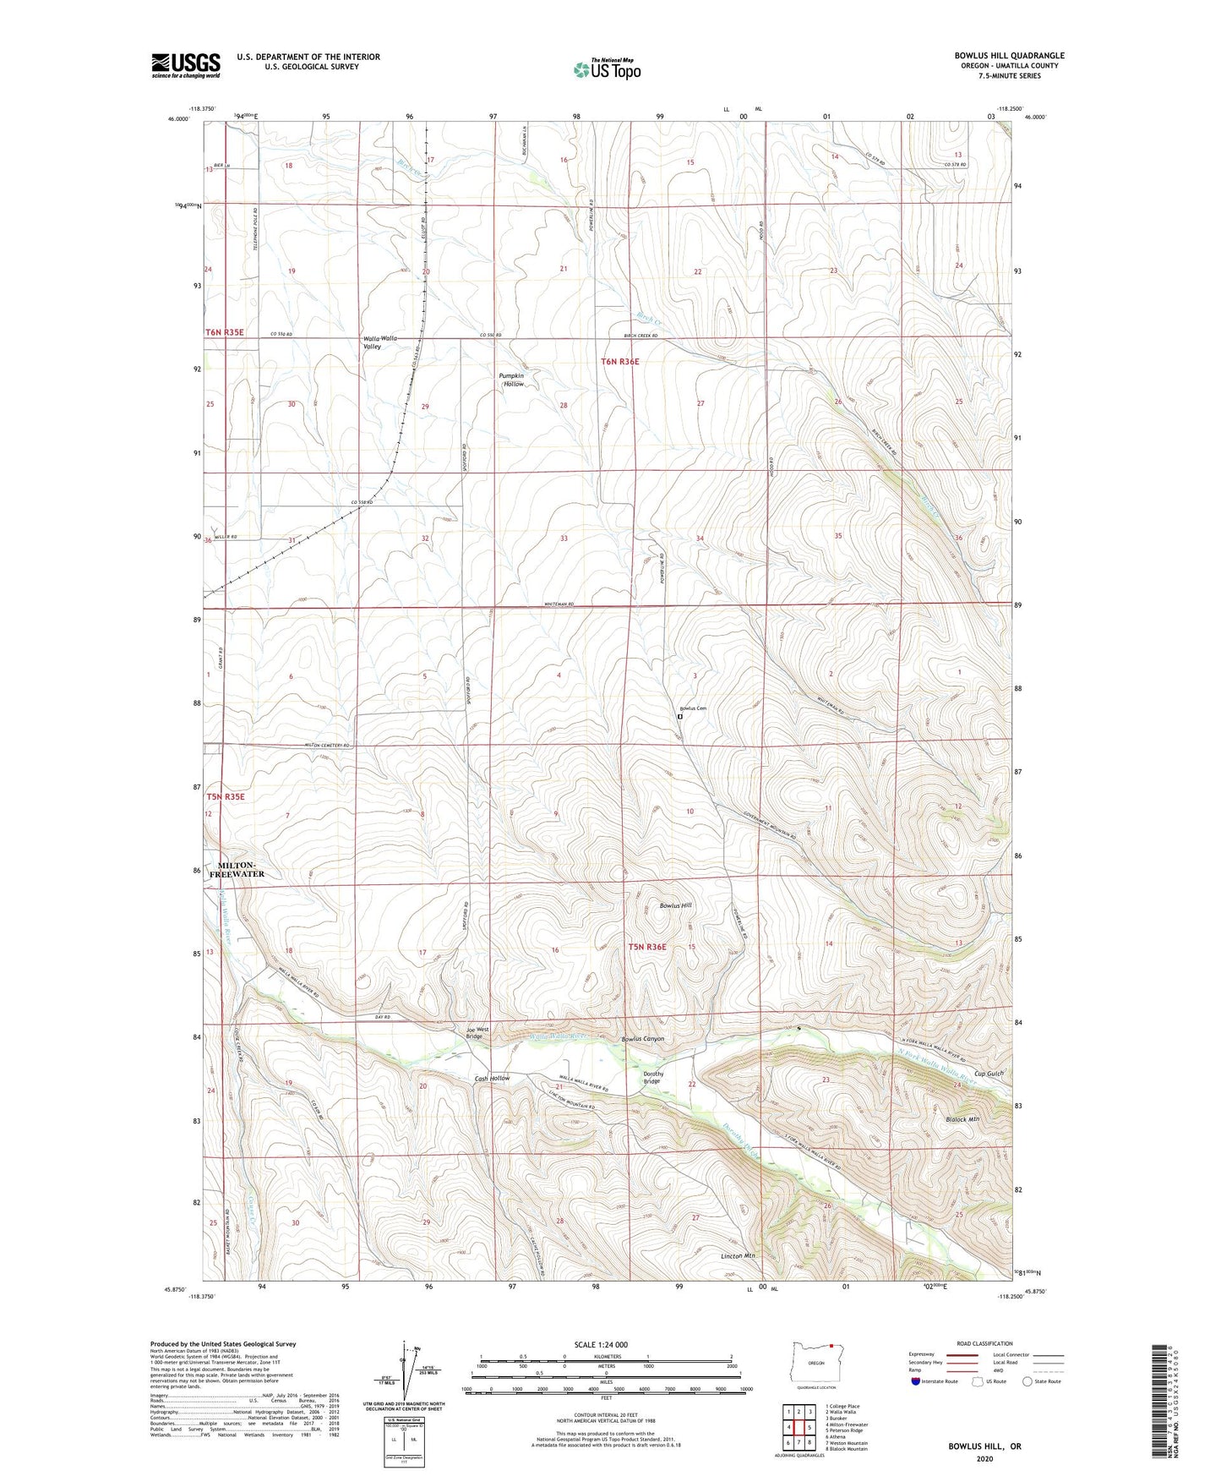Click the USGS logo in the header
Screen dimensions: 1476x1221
186,65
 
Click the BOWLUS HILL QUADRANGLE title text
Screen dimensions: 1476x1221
1009,56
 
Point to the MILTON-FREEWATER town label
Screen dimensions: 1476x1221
241,870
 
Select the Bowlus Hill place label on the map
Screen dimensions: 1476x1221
675,905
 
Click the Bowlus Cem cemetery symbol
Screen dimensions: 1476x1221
679,717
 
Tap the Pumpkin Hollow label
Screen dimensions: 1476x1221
511,380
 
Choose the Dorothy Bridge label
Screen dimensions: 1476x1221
653,1078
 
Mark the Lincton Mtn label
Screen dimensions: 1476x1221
738,1256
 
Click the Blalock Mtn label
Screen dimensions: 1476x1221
962,1119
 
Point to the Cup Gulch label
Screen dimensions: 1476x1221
988,1074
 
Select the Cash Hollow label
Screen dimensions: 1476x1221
492,1079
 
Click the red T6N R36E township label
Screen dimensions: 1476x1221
620,362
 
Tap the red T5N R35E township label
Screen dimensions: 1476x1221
226,796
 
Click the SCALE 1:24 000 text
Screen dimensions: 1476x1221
604,1344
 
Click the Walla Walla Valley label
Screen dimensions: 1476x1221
373,342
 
